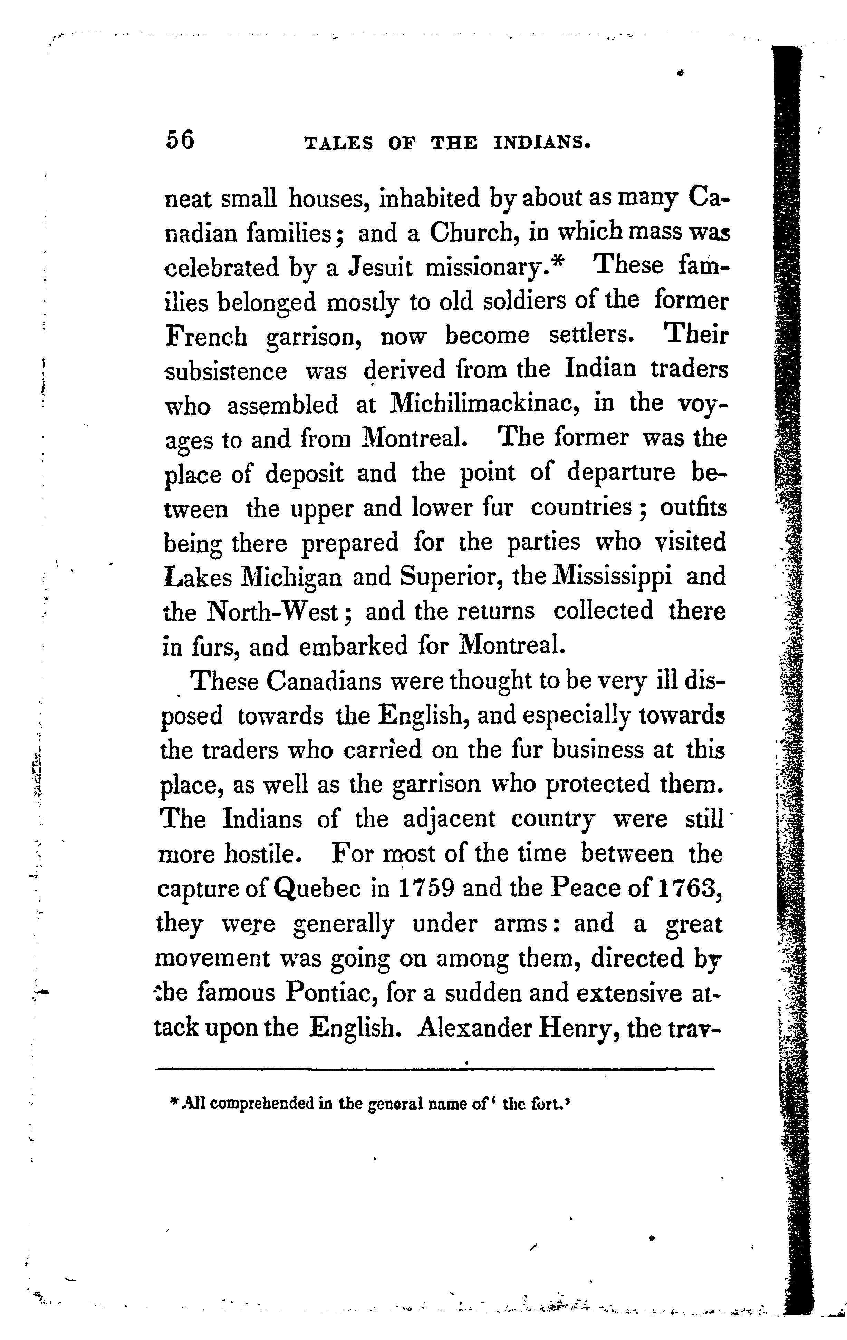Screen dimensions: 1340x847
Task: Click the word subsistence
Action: [226, 371]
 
